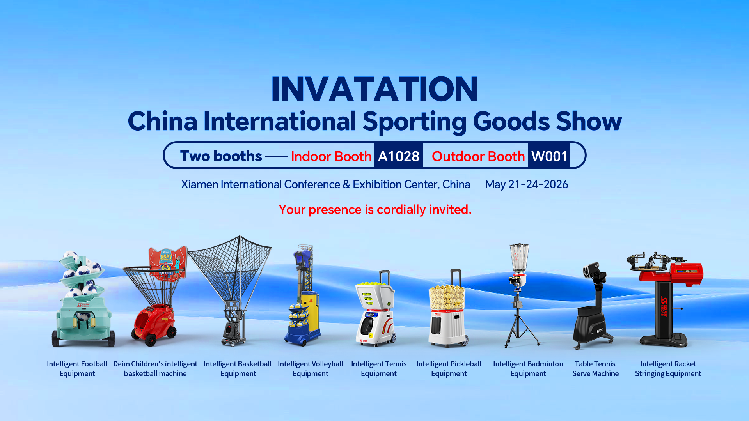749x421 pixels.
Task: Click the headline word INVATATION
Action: coord(374,89)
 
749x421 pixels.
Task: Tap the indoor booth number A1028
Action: coord(399,156)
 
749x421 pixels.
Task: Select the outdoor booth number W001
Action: coord(549,156)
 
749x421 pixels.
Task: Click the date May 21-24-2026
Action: coord(526,184)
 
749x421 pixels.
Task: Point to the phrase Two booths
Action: coord(221,156)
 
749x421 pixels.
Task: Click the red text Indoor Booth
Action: coord(331,156)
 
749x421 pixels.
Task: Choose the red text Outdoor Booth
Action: coord(478,156)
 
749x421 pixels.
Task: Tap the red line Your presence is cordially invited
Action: coord(375,210)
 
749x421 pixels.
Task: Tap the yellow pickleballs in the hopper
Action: coord(447,297)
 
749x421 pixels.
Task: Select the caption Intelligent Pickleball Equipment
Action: coord(449,369)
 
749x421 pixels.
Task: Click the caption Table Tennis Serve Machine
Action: coord(595,369)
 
